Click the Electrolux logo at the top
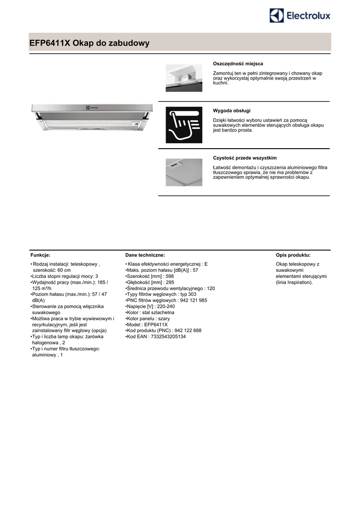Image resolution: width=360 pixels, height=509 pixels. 300,15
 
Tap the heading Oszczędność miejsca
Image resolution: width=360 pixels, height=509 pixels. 238,64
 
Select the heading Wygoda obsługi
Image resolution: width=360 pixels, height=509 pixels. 232,110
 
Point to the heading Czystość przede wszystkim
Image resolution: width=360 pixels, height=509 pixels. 245,158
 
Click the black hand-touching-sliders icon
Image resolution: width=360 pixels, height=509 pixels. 183,125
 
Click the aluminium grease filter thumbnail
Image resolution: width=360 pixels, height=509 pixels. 183,172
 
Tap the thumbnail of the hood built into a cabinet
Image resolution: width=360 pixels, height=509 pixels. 183,78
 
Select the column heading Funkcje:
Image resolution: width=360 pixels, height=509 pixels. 40,254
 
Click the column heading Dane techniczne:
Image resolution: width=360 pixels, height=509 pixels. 145,254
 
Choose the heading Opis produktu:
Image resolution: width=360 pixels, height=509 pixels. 293,254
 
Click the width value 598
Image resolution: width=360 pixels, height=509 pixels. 169,276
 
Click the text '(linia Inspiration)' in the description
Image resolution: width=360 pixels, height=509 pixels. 294,282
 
